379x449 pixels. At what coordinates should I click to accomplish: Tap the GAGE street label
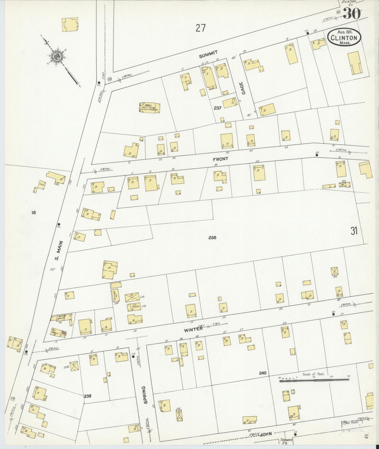click(x=243, y=88)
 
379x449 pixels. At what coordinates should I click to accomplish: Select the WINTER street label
click(x=193, y=330)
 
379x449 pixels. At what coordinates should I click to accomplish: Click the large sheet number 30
click(x=351, y=14)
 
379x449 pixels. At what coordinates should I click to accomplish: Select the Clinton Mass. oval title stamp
click(x=344, y=37)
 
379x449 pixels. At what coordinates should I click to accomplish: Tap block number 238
click(x=212, y=238)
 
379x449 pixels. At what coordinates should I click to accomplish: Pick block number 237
click(x=218, y=108)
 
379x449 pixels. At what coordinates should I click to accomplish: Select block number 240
click(x=263, y=373)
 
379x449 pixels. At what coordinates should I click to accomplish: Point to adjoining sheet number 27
click(x=200, y=28)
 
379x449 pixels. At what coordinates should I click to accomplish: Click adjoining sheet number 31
click(x=354, y=231)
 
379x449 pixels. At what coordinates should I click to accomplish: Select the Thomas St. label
click(x=286, y=441)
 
